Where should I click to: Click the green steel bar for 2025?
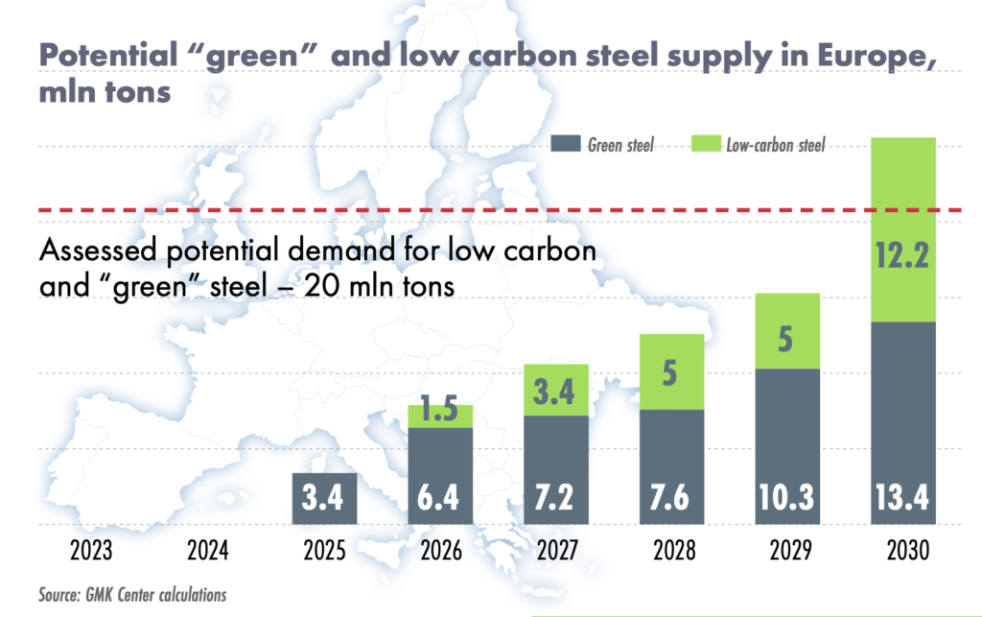324,499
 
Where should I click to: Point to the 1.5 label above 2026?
440,415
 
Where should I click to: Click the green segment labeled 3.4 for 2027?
556,391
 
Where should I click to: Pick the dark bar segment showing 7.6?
671,467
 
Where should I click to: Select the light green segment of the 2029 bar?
786,331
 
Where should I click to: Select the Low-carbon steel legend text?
775,146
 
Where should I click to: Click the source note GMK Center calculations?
132,595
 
